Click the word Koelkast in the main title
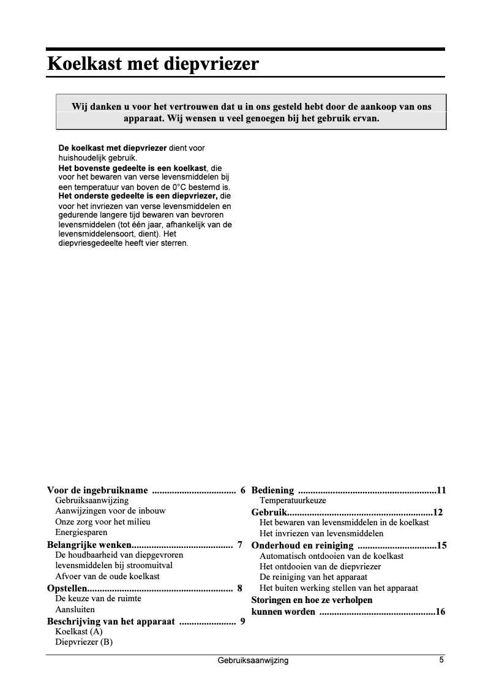coord(84,64)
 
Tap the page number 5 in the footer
coord(441,660)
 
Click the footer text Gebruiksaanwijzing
coord(252,661)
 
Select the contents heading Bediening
coord(272,490)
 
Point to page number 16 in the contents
coord(440,612)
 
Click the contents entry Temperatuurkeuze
coord(293,501)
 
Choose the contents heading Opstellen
coord(67,588)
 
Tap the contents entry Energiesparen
coord(81,533)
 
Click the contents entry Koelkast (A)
coord(79,631)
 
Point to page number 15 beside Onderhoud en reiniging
coord(441,545)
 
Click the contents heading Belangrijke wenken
coord(89,545)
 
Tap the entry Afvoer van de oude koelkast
coord(107,577)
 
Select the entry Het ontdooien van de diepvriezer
coord(320,567)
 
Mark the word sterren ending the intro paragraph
coord(174,243)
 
